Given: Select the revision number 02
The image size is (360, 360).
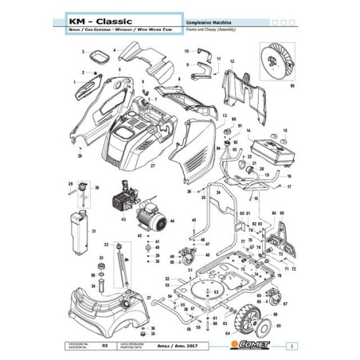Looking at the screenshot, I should (x=105, y=345).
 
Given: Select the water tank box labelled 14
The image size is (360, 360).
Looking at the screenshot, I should (x=270, y=148).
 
